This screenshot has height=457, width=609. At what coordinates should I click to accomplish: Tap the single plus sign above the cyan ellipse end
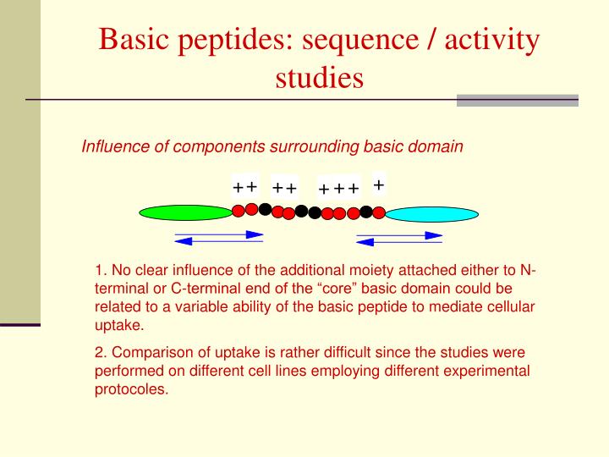(x=379, y=184)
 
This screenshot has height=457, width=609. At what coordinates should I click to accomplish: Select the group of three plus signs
(x=339, y=188)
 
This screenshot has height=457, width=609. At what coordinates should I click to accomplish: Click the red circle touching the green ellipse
(x=239, y=210)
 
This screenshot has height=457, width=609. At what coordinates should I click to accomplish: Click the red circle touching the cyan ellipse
(x=380, y=213)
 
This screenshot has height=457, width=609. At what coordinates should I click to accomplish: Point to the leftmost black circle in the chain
(x=265, y=209)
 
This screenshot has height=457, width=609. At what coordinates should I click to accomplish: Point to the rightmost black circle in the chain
(x=366, y=211)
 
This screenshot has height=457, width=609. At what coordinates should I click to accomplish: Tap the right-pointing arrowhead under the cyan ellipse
(x=434, y=234)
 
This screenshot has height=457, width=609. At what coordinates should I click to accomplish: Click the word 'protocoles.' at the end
(x=132, y=390)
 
